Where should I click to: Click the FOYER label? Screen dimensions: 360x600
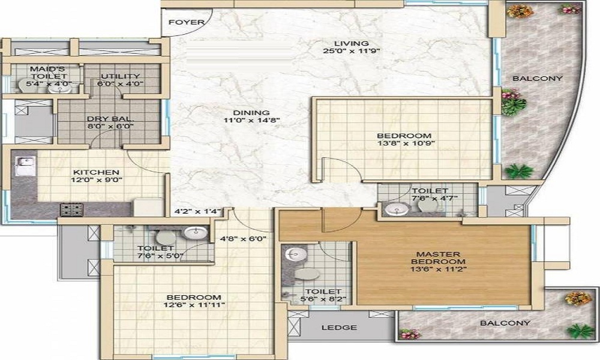click(187, 23)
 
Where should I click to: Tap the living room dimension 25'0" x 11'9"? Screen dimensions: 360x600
click(352, 52)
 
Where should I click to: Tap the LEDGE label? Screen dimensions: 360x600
click(339, 328)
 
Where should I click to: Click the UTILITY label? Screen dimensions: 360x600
click(120, 76)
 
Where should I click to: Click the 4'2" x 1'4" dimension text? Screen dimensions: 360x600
click(198, 211)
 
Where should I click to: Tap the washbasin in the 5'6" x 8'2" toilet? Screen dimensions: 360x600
click(292, 254)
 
